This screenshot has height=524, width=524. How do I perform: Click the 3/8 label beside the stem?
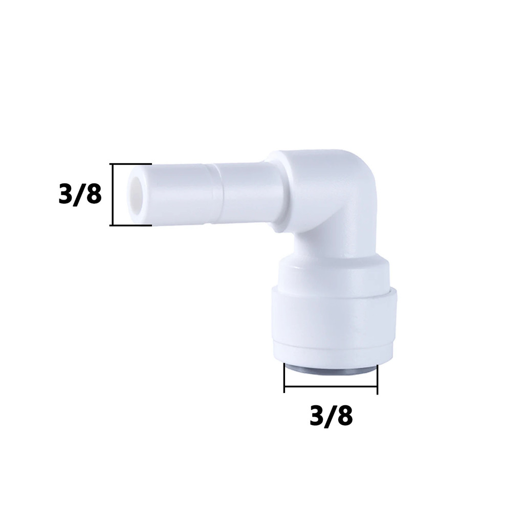coord(80,194)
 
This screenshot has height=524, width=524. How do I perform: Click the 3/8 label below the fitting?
coord(331,416)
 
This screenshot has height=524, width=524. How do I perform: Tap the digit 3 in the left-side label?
coord(65,194)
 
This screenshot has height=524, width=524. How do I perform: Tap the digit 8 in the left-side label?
coord(94,194)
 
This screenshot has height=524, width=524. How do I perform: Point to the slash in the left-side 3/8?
coord(79,194)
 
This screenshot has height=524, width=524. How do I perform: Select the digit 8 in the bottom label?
coord(345,416)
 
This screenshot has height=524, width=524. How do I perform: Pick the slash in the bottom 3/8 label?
coord(331,416)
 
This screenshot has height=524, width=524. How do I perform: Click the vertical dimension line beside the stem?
coord(113,194)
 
